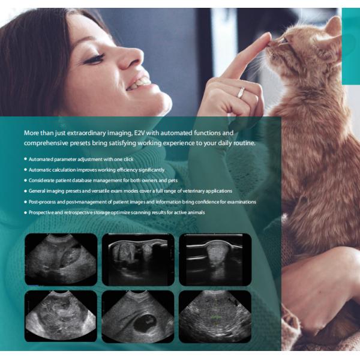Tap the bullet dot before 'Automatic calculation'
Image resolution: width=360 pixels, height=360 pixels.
coord(26,170)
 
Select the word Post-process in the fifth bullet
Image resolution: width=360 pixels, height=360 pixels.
coord(43,202)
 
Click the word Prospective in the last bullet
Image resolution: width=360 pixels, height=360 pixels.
coord(43,212)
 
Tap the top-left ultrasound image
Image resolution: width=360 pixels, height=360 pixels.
coord(61,259)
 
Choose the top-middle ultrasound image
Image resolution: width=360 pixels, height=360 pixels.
coord(138,259)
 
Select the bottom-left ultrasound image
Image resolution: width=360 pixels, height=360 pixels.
coord(61,316)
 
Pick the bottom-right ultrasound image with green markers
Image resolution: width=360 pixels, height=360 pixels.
coord(215,316)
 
